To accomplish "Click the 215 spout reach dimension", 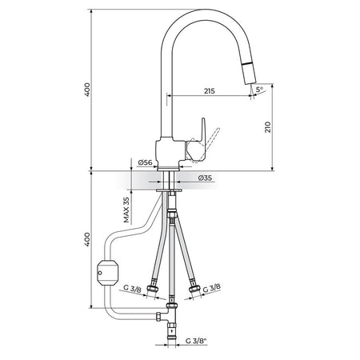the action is coord(210,91).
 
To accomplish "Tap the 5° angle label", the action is coord(259,90).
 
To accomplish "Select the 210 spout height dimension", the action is coord(268,127).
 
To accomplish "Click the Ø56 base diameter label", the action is coord(145,162).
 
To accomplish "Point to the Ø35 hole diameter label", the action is coord(206,178).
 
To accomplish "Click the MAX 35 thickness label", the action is coord(126,210).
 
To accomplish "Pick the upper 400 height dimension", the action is coord(87,90).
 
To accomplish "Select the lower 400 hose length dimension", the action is coord(87,239).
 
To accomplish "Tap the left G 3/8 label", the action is coord(132,289).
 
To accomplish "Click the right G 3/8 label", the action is coord(212,288).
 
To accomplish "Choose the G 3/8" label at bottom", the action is coord(196,341).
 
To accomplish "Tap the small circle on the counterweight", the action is coord(100,273).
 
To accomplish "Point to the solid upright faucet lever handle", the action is coord(199,140).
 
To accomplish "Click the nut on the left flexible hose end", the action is coord(153,289).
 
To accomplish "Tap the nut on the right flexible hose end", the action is coord(194,289).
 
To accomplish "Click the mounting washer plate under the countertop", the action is coord(169,190).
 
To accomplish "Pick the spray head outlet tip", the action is coord(251,82).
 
